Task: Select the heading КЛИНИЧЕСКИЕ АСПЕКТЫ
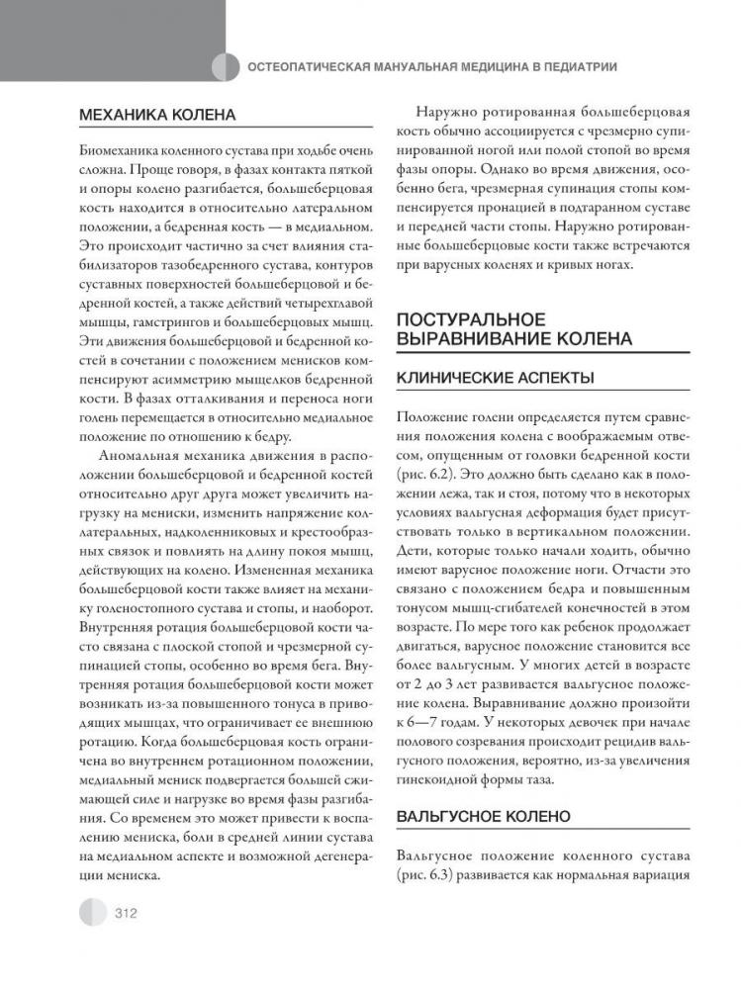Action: click(494, 377)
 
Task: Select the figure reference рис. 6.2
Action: click(418, 476)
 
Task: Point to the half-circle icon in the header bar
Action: click(226, 66)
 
